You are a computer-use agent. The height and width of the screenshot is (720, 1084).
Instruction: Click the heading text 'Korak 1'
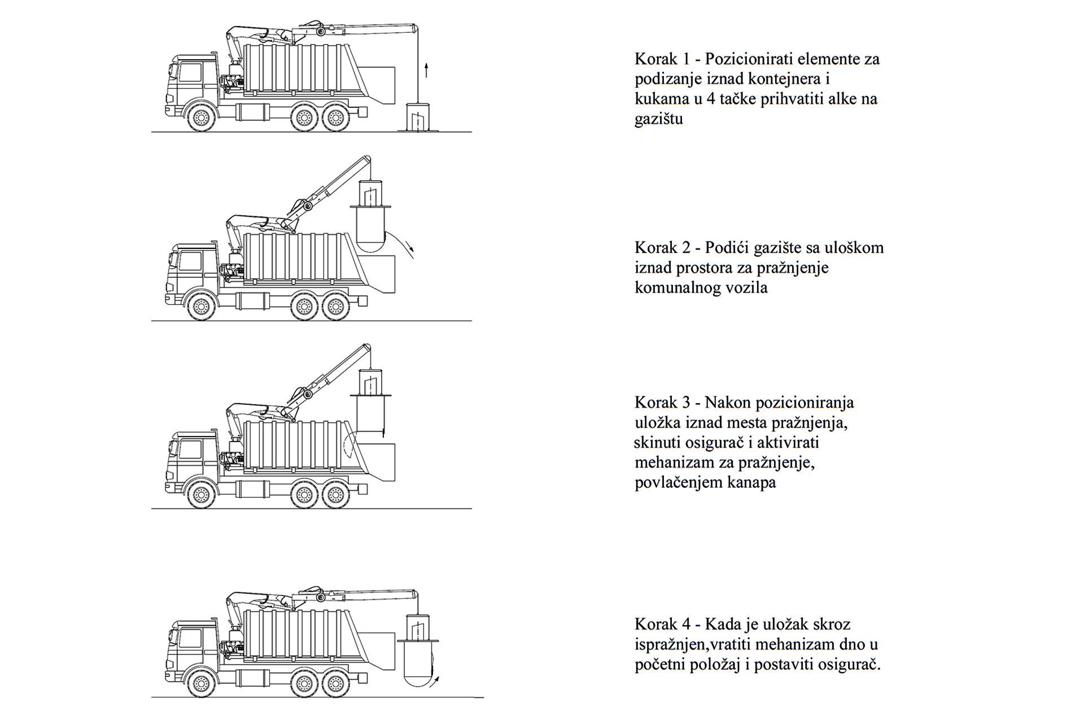pos(661,59)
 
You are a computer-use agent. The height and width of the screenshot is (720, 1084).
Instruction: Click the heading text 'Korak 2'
pos(661,248)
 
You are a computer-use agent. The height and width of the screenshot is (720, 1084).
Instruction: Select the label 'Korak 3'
pos(661,403)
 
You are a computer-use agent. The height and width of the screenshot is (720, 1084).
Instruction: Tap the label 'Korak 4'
pos(661,625)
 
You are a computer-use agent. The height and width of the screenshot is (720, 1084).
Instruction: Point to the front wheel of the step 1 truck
pos(200,118)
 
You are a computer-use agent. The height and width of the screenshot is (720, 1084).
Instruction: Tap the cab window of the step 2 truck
pos(190,261)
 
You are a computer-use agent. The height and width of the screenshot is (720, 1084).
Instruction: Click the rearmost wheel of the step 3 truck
pos(336,495)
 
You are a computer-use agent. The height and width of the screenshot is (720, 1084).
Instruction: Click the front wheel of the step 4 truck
pos(200,684)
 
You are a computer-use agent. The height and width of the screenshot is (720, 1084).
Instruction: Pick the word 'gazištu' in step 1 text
pos(658,119)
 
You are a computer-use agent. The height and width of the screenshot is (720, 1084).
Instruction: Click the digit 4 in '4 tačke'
pos(710,99)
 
